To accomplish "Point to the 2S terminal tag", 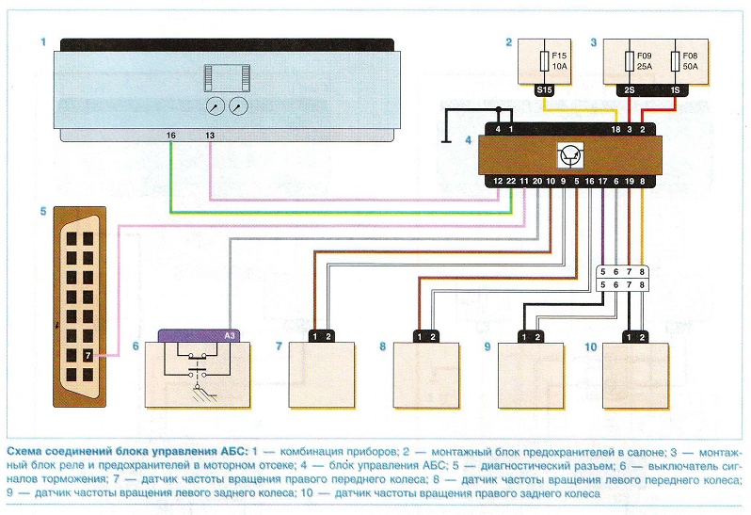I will coord(628,90).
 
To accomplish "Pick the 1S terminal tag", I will coord(674,90).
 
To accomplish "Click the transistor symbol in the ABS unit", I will coord(570,154).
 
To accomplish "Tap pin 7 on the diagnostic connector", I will coord(87,355).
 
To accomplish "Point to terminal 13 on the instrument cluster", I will coord(209,136).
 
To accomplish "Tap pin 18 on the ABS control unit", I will coord(615,128).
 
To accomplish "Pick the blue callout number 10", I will coord(591,347).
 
